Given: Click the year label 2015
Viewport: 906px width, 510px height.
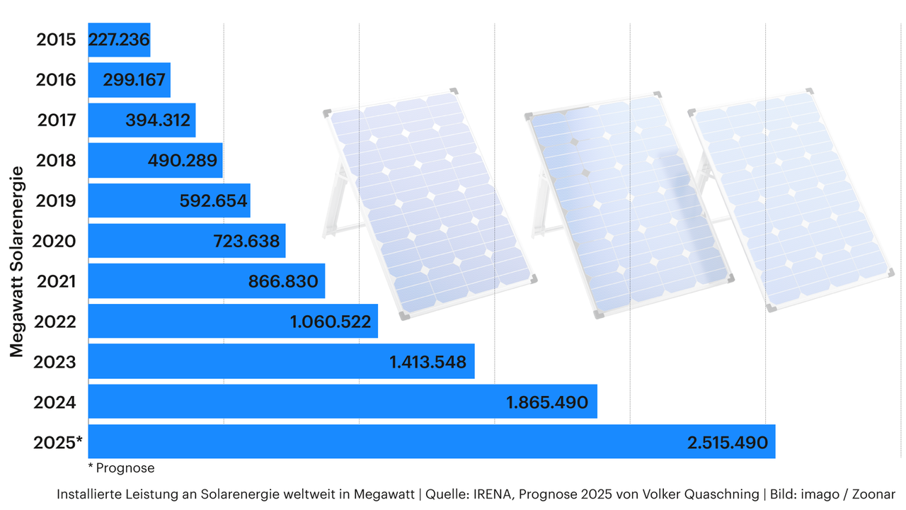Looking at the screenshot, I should tap(56, 40).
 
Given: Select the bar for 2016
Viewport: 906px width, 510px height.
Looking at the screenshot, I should tap(129, 80).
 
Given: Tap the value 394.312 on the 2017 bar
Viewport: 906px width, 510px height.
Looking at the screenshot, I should tap(158, 120).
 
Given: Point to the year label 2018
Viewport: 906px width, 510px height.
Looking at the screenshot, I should tap(56, 161).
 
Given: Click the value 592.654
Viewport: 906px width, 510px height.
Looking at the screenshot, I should tap(213, 201).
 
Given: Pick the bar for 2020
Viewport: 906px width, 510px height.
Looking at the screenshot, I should tap(187, 241).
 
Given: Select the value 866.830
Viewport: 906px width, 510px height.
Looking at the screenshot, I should tap(283, 281).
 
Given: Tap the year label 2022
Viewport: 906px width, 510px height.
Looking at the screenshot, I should tap(56, 322).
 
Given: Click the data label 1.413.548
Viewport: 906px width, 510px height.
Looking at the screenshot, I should tap(428, 362).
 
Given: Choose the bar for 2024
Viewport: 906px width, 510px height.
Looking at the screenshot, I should tap(343, 402).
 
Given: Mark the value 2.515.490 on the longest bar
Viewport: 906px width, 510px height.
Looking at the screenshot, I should tap(727, 443).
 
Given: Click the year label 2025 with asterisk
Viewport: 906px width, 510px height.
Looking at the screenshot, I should tap(58, 443).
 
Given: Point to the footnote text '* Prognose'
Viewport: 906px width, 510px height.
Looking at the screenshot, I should tap(121, 468).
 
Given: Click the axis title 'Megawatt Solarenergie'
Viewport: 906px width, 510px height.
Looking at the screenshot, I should tap(18, 262).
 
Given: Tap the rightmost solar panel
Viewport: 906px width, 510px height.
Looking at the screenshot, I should tap(789, 198).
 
